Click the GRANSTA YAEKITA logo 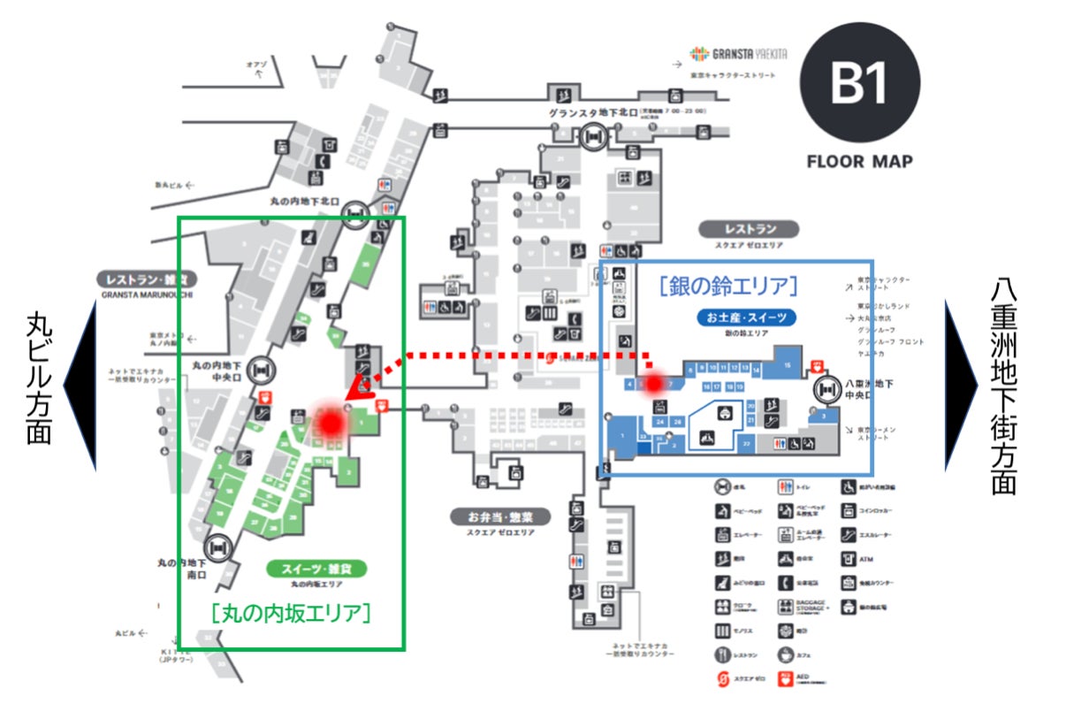(736, 51)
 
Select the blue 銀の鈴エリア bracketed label (728, 286)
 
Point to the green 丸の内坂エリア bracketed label (290, 611)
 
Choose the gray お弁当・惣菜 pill (499, 516)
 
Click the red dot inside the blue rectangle (654, 385)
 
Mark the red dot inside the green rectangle (331, 424)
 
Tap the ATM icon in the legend (849, 559)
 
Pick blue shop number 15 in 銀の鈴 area (786, 363)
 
